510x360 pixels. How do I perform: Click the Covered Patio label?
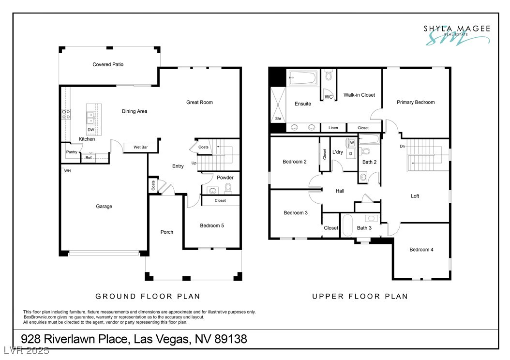click(108, 64)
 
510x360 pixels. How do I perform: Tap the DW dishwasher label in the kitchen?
click(91, 130)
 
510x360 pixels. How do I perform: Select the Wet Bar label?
click(140, 147)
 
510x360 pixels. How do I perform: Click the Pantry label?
click(72, 152)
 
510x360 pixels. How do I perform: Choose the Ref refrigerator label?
click(89, 158)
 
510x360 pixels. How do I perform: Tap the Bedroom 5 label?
click(212, 225)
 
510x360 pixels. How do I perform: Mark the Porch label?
click(167, 232)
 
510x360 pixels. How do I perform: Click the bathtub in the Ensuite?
click(303, 78)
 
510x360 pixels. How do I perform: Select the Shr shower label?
click(278, 119)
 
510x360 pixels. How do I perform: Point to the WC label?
click(329, 97)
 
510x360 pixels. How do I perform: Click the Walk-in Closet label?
click(359, 95)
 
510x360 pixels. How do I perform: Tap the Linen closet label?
click(333, 128)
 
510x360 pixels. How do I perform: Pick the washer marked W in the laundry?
click(352, 143)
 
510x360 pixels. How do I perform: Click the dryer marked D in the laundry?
click(351, 153)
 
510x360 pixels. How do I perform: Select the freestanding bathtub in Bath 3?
click(347, 225)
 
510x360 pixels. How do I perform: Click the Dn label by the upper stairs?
click(403, 146)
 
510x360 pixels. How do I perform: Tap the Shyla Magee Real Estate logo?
click(457, 35)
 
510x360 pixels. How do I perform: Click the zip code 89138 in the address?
click(231, 339)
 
